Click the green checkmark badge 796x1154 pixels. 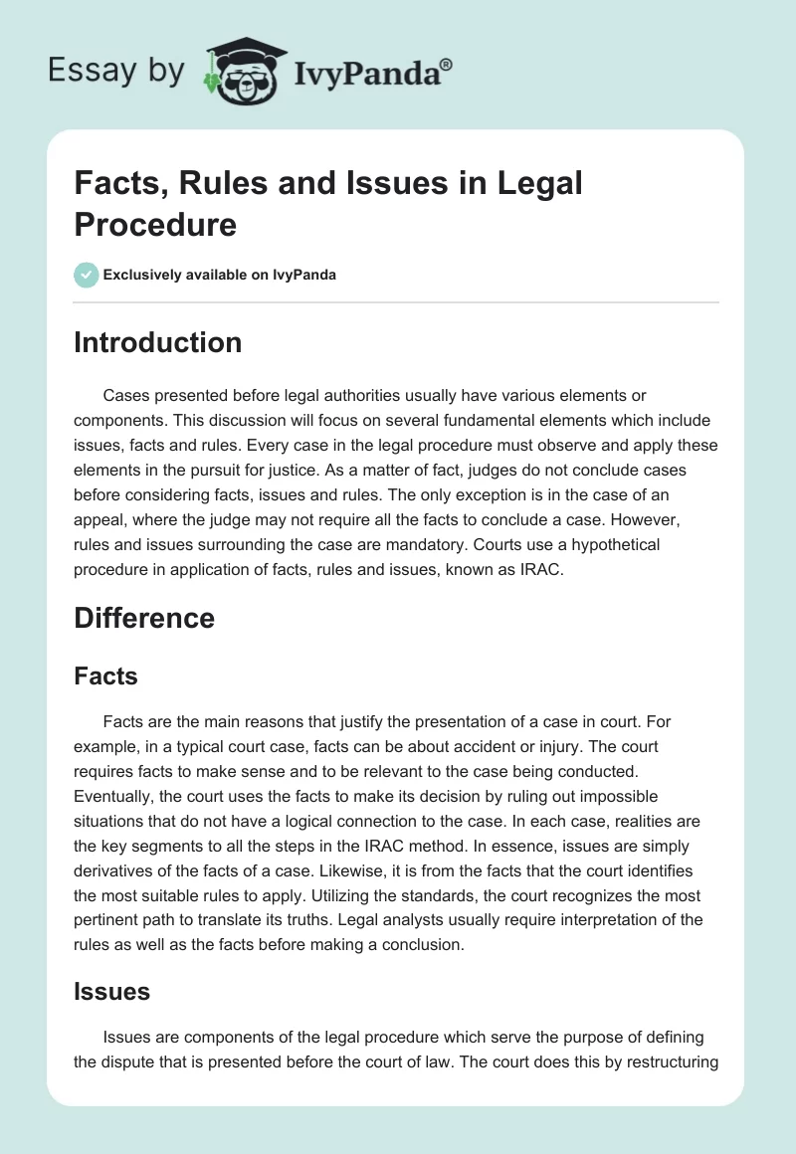click(86, 275)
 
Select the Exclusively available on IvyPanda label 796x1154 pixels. click(219, 275)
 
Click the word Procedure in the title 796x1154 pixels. click(155, 224)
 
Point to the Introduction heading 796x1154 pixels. click(157, 342)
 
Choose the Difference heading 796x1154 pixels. click(144, 618)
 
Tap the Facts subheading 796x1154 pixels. click(105, 676)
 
